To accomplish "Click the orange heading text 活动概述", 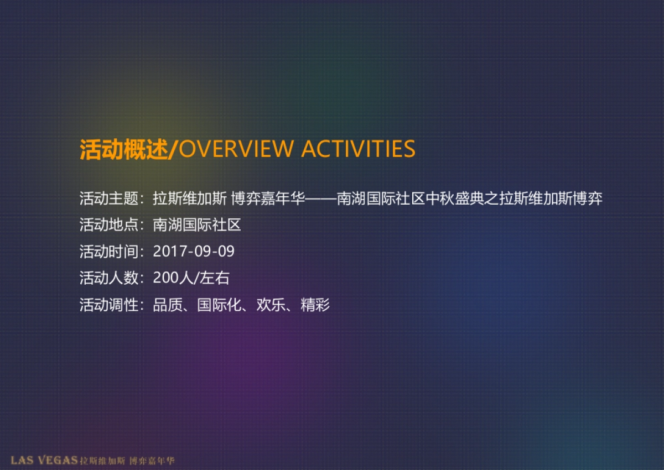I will click(x=124, y=149).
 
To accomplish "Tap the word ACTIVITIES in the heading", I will click(x=358, y=149).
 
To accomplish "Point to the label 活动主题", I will click(x=109, y=199).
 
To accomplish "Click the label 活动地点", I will click(x=109, y=225).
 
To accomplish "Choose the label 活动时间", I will click(x=109, y=252).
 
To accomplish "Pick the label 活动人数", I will click(x=109, y=278).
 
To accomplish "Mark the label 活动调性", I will click(x=109, y=305).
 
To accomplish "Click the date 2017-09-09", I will click(x=194, y=252).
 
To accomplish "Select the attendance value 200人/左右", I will click(x=191, y=278).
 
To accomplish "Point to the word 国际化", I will click(x=220, y=305).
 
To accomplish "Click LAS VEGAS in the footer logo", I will click(x=44, y=460).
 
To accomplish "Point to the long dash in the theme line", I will click(x=321, y=199).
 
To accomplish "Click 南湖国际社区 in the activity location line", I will click(x=197, y=225).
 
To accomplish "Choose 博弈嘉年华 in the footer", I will click(x=152, y=460).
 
